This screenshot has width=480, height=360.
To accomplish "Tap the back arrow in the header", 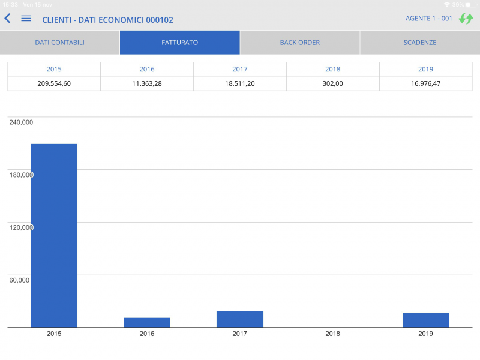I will (8, 19).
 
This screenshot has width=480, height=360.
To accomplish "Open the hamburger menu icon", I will (26, 19).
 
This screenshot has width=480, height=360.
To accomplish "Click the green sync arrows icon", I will (466, 19).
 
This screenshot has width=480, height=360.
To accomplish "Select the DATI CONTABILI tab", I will (59, 43).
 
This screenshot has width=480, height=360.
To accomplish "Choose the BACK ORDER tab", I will (299, 43).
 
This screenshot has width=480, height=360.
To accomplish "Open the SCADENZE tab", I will (419, 43).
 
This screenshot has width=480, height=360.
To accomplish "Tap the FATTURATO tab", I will (179, 43).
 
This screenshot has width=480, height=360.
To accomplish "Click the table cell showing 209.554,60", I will (54, 83).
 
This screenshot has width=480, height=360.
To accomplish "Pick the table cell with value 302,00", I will (332, 83).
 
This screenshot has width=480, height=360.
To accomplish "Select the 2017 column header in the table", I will (240, 69).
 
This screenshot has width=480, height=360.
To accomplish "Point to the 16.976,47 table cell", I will (425, 83).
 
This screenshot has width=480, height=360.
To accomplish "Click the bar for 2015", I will (54, 235).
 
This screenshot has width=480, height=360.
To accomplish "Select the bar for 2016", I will (147, 322).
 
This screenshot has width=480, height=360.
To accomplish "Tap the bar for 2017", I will (240, 319).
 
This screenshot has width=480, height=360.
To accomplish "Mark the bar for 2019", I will (425, 320).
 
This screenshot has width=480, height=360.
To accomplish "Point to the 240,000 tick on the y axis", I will (21, 122).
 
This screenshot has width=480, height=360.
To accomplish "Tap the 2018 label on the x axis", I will (332, 334).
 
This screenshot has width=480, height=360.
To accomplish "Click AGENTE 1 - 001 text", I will (428, 19).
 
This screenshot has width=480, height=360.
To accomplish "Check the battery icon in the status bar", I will (472, 4).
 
